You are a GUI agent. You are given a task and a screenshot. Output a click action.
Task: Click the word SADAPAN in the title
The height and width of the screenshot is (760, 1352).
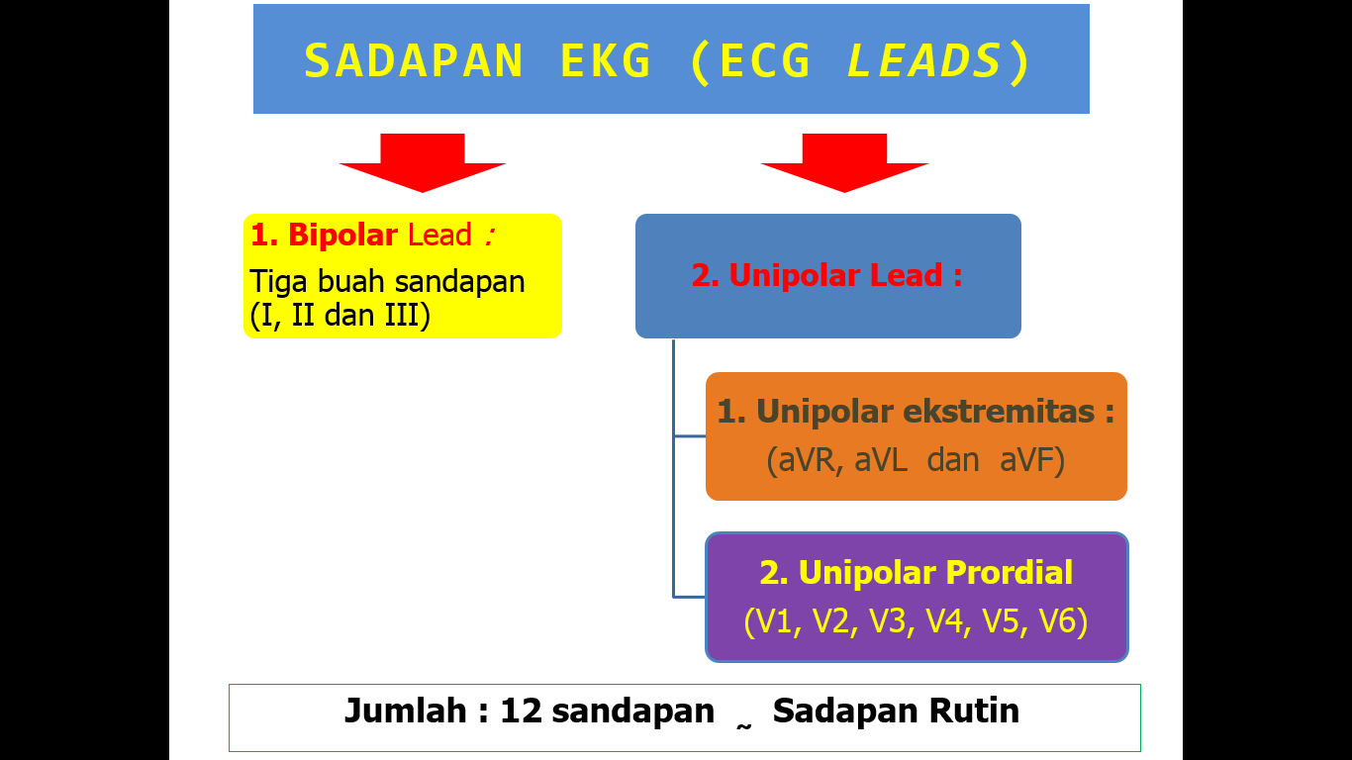[414, 61]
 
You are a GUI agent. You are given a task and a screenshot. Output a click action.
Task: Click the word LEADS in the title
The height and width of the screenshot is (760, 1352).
[924, 61]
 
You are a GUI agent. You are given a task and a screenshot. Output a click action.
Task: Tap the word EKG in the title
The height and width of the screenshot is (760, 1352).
[606, 61]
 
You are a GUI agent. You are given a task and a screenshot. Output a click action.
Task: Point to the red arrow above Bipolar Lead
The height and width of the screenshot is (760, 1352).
[423, 161]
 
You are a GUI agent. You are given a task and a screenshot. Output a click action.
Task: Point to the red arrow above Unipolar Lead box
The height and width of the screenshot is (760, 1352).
[844, 161]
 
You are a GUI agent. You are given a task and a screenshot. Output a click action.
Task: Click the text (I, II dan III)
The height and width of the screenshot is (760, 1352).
[340, 318]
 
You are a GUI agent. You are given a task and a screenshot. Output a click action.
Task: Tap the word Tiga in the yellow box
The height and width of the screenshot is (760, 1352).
[281, 282]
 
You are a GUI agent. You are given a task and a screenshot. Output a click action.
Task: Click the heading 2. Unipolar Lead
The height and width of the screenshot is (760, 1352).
[826, 275]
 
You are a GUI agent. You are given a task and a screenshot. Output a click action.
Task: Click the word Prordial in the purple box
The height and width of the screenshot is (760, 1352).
[1009, 573]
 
